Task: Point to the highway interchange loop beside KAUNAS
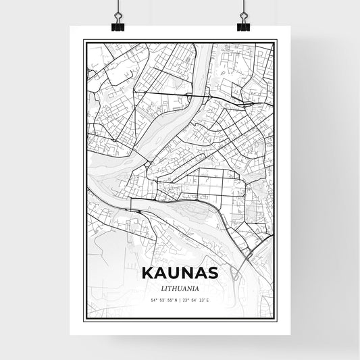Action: click(234, 272)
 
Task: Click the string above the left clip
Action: click(117, 7)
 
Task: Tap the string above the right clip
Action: click(243, 7)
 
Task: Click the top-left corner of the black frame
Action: click(84, 41)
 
